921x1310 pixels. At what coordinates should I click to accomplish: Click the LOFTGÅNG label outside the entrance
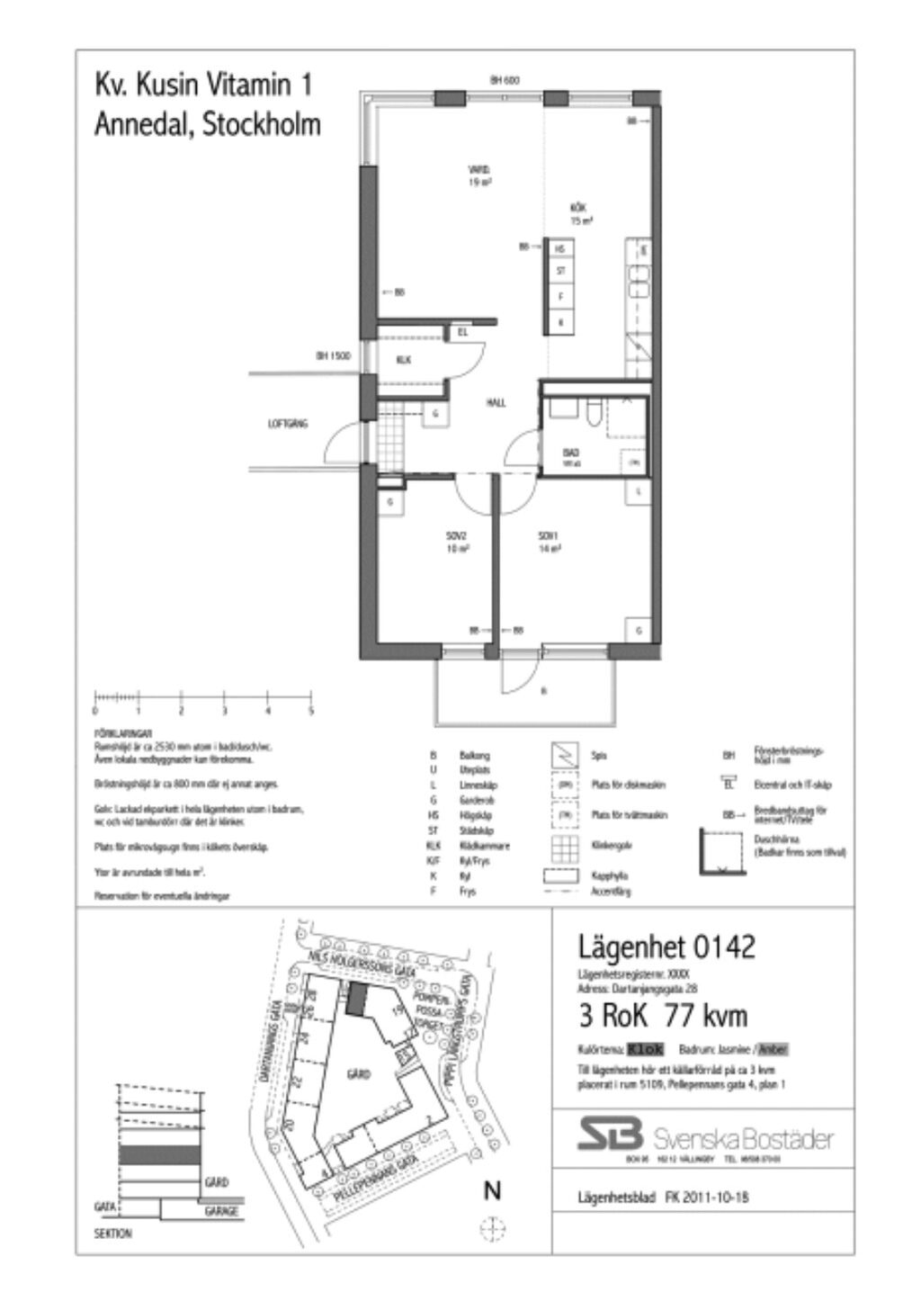click(x=288, y=422)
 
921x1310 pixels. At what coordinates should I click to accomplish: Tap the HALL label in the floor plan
click(x=496, y=403)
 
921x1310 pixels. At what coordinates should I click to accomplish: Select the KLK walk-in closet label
click(x=404, y=360)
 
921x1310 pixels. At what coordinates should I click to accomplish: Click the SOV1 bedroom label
click(x=549, y=536)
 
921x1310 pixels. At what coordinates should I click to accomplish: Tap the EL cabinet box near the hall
click(x=463, y=332)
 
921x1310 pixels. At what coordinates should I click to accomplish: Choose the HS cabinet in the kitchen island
click(x=561, y=247)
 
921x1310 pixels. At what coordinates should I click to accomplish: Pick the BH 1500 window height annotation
click(x=332, y=356)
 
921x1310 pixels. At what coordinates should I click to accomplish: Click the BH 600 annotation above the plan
click(x=505, y=80)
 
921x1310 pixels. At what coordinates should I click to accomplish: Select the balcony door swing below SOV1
click(x=522, y=667)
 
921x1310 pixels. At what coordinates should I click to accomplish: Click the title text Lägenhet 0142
click(x=665, y=947)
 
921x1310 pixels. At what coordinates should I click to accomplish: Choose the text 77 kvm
click(x=705, y=1016)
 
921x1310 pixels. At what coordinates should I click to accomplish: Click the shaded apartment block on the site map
click(x=358, y=1000)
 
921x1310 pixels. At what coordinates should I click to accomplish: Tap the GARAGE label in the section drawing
click(x=221, y=1212)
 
